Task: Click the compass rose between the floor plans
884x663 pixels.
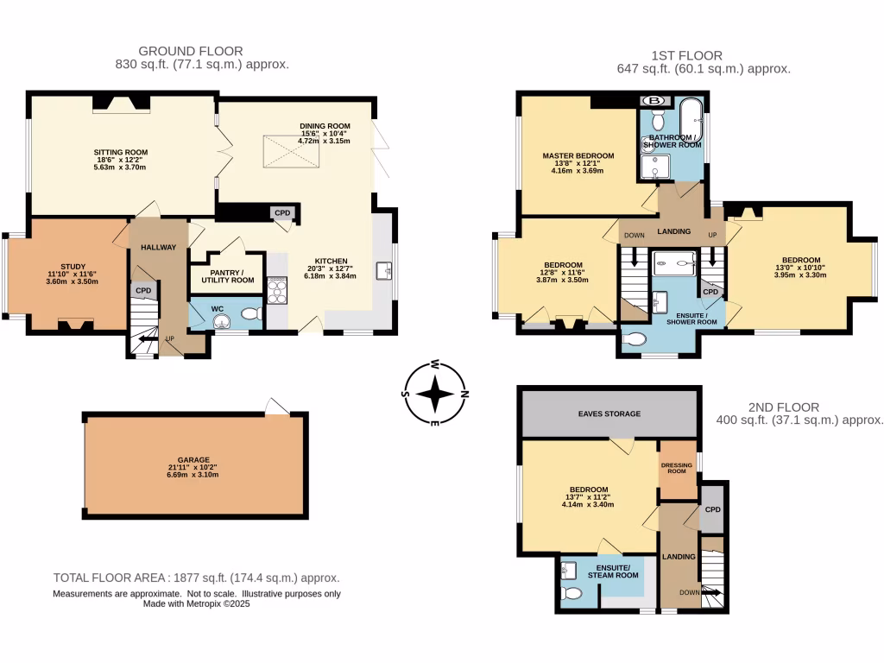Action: point(436,394)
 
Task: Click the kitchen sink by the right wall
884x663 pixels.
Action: point(382,271)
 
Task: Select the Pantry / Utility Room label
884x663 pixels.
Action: point(227,275)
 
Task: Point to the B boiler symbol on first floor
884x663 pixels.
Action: point(656,100)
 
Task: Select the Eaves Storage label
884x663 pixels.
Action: point(609,414)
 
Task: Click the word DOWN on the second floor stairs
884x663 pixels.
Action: point(687,592)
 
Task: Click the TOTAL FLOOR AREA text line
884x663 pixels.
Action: point(196,578)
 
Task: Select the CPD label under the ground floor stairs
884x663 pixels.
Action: point(143,291)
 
